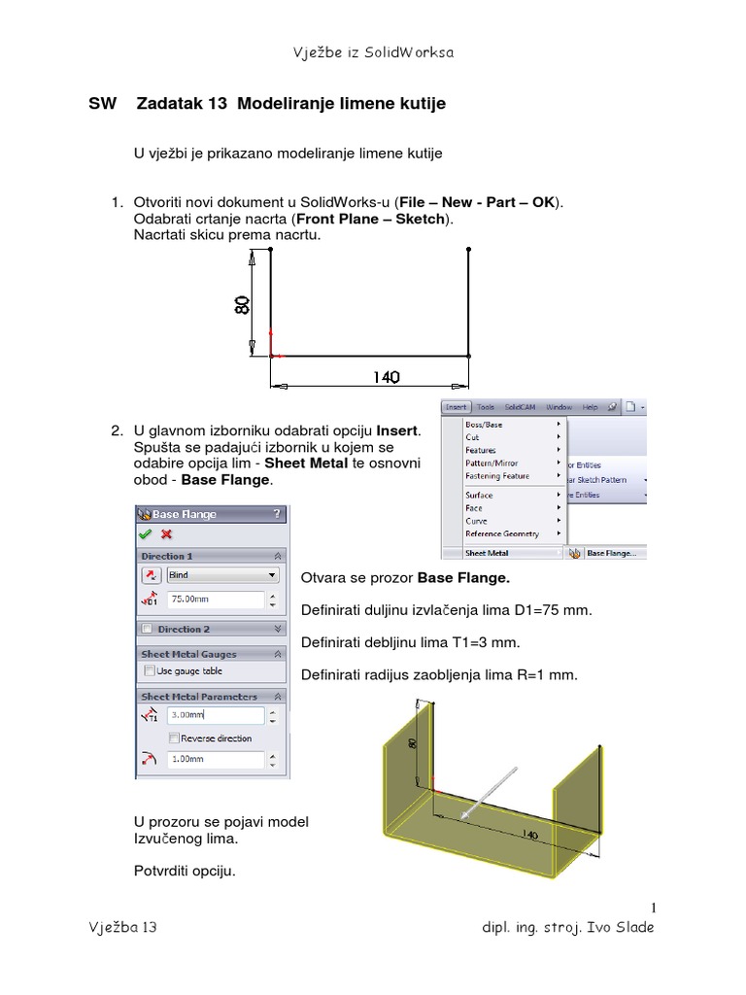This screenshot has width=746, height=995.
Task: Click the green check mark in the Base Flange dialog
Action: pos(146,533)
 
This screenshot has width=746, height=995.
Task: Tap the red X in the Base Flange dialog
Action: pos(166,533)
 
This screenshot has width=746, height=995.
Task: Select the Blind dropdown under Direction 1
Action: pos(222,575)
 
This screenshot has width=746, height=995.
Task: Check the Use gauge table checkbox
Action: pos(150,670)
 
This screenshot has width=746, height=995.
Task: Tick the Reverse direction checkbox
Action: pos(174,738)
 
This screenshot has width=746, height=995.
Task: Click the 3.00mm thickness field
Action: pos(215,716)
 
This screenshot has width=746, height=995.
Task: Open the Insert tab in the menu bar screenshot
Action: pos(456,407)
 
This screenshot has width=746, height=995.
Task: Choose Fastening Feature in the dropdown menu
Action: pos(497,476)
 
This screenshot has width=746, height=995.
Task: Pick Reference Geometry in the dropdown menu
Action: pos(501,533)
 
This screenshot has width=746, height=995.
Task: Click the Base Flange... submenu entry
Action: pos(611,553)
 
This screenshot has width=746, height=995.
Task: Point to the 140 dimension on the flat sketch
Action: pos(386,377)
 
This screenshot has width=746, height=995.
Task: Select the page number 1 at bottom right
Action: pos(654,908)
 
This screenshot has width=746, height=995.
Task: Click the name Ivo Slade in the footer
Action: pos(621,927)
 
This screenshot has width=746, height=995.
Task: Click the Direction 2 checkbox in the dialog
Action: pos(147,630)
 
